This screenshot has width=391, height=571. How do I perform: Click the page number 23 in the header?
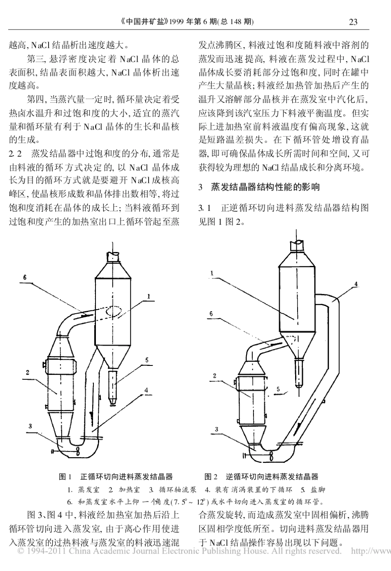pyautogui.click(x=353, y=22)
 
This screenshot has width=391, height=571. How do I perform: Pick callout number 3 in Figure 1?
pyautogui.click(x=30, y=426)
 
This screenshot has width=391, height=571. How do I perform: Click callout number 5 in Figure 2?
pyautogui.click(x=279, y=388)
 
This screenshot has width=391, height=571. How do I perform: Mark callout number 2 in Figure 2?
pyautogui.click(x=214, y=375)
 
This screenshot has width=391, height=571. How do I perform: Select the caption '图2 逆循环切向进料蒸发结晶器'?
pyautogui.click(x=261, y=477)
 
